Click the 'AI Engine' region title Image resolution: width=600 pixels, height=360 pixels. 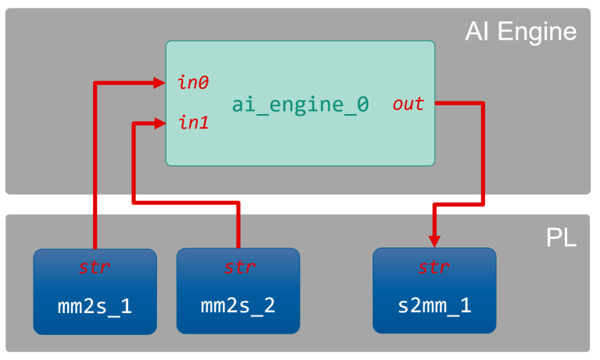tap(520, 31)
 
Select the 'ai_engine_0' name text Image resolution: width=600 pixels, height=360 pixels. tap(300, 105)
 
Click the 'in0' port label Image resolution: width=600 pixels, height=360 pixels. tap(193, 82)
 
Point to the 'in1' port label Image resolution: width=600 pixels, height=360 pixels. tap(193, 123)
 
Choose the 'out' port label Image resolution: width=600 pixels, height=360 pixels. tap(408, 104)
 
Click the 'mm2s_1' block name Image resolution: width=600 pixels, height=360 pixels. tap(95, 305)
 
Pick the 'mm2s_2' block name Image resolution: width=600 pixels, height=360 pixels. tap(238, 305)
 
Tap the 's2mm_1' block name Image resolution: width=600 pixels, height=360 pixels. tap(434, 305)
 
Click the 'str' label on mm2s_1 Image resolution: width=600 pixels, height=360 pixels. tap(95, 267)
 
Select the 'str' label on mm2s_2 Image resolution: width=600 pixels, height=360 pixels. tap(239, 267)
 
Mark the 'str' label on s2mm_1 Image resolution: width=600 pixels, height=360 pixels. tap(434, 267)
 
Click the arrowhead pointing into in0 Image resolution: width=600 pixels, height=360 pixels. tap(159, 81)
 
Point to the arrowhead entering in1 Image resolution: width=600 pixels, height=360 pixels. tap(159, 123)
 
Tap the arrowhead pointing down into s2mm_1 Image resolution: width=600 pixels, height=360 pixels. tap(434, 241)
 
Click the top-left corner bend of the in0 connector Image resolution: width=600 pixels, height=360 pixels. tap(95, 81)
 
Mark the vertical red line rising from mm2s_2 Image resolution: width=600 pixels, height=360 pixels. tap(238, 226)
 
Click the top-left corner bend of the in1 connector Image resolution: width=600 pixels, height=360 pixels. tap(135, 123)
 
